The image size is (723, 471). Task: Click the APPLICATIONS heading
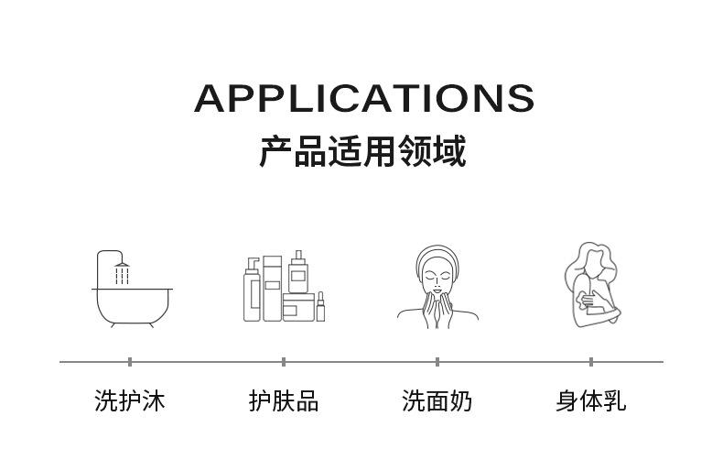(363, 98)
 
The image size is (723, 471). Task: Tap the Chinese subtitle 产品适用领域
(361, 151)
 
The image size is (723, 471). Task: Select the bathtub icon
(132, 302)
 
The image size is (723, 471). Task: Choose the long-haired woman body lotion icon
(590, 285)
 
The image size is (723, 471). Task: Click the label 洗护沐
(130, 400)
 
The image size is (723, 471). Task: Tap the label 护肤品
(284, 400)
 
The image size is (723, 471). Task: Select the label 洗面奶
(437, 400)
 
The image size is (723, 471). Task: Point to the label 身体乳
(591, 400)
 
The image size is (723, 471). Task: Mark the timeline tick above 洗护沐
(130, 362)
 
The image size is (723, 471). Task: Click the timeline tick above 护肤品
(284, 362)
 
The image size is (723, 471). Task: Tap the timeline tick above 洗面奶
(437, 362)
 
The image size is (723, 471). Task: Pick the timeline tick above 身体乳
(591, 362)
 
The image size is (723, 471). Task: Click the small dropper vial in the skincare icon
(320, 307)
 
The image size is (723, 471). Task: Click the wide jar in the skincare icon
(297, 306)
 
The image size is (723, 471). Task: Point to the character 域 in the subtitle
(448, 151)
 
